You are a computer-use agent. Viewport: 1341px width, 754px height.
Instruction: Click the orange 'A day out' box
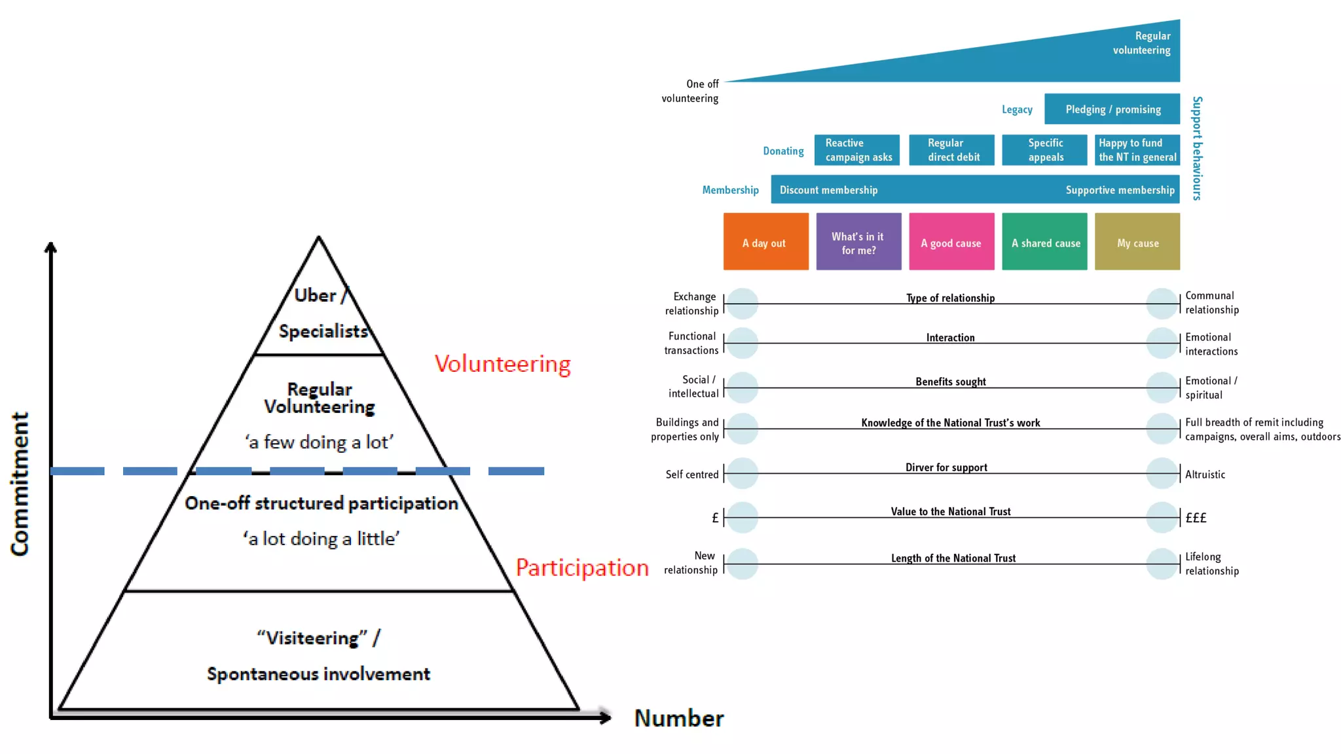point(765,242)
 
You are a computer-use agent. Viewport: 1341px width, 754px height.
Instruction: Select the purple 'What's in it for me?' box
point(858,242)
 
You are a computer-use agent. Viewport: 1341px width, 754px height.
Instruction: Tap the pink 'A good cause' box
point(951,242)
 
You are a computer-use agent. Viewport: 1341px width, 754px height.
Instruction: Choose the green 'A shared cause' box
point(1044,242)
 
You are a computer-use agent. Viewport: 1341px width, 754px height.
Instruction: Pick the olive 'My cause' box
point(1137,242)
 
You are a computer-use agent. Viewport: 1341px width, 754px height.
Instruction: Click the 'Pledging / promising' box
point(1112,109)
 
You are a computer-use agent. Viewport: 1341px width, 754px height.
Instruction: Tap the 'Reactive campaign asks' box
point(856,150)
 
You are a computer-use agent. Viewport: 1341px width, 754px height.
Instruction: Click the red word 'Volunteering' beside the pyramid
point(502,364)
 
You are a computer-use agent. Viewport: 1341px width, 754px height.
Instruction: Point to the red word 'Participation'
point(581,567)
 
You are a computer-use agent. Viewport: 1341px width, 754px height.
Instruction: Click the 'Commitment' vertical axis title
point(20,484)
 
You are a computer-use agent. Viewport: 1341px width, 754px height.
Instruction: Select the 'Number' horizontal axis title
point(679,719)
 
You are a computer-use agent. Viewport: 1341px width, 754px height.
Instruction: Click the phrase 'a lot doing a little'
point(321,539)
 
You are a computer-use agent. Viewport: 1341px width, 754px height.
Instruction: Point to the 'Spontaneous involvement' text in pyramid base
point(318,674)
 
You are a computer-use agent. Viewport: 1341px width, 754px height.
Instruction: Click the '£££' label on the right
point(1196,518)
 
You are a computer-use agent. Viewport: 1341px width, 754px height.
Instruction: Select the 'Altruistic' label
point(1204,475)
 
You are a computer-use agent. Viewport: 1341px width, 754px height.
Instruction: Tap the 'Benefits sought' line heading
point(950,382)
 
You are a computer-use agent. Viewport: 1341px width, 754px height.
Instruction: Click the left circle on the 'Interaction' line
point(742,343)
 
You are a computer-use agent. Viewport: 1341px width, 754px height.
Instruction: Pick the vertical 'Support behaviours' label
point(1197,149)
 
